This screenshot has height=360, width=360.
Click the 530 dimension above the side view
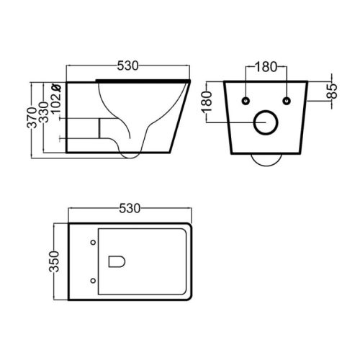(x=128, y=66)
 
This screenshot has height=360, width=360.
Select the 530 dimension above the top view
(x=130, y=208)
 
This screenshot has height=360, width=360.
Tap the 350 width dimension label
(x=54, y=261)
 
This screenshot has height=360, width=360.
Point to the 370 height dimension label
(x=32, y=117)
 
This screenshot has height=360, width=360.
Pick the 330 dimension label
(x=44, y=112)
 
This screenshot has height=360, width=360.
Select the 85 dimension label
(x=333, y=91)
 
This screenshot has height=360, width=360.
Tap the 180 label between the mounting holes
(x=266, y=67)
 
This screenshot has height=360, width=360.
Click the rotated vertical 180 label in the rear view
(x=207, y=102)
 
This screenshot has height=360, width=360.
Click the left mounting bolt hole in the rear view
(x=246, y=101)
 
